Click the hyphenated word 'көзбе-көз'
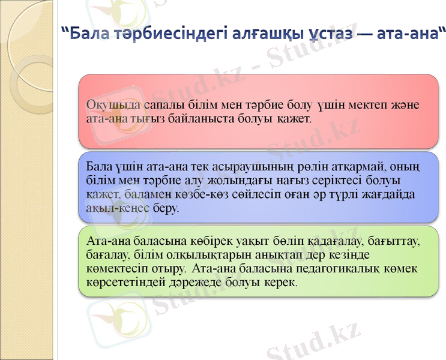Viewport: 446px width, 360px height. pyautogui.click(x=164, y=194)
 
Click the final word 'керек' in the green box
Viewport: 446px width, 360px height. pyautogui.click(x=279, y=281)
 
